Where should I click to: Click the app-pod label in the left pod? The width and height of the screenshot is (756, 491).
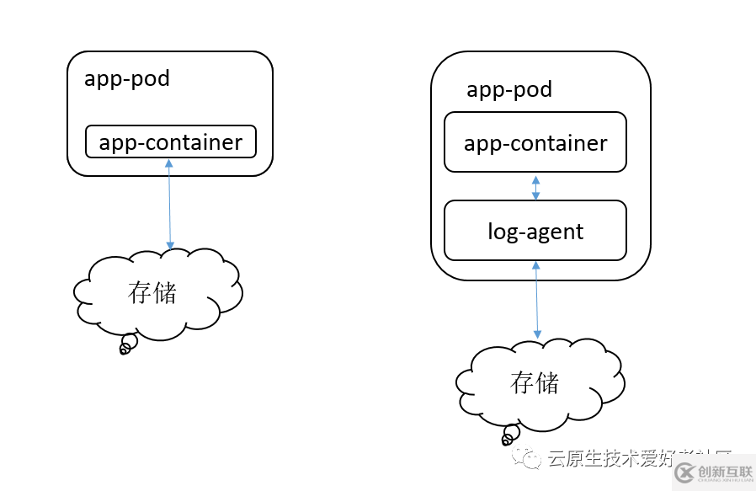pyautogui.click(x=127, y=79)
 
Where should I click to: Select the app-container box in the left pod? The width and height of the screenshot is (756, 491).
pyautogui.click(x=171, y=142)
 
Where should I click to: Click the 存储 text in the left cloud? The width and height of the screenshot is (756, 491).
pyautogui.click(x=152, y=292)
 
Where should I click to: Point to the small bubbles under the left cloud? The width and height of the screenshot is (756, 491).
pyautogui.click(x=127, y=344)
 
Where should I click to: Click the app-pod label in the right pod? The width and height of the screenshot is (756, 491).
pyautogui.click(x=509, y=89)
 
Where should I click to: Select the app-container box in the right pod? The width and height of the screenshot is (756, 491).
pyautogui.click(x=535, y=142)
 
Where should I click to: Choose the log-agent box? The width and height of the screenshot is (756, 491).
pyautogui.click(x=535, y=231)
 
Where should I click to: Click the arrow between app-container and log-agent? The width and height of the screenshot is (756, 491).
pyautogui.click(x=535, y=187)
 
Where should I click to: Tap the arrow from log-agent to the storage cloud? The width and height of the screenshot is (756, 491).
pyautogui.click(x=536, y=300)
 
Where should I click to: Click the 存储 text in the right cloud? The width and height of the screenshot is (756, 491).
pyautogui.click(x=535, y=382)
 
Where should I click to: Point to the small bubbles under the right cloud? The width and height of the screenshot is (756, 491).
pyautogui.click(x=509, y=435)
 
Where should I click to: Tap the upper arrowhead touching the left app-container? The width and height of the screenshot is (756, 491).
pyautogui.click(x=169, y=163)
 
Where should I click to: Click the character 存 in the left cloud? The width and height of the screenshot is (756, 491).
pyautogui.click(x=140, y=292)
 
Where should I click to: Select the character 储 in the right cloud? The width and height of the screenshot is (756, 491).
pyautogui.click(x=547, y=382)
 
